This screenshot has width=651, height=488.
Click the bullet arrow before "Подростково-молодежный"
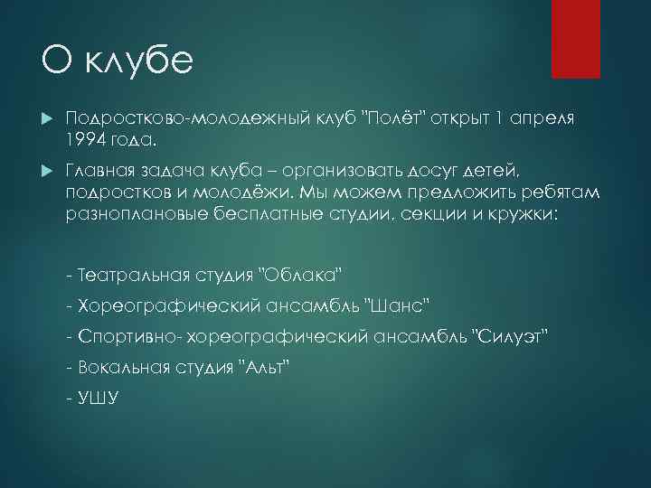click(46, 119)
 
